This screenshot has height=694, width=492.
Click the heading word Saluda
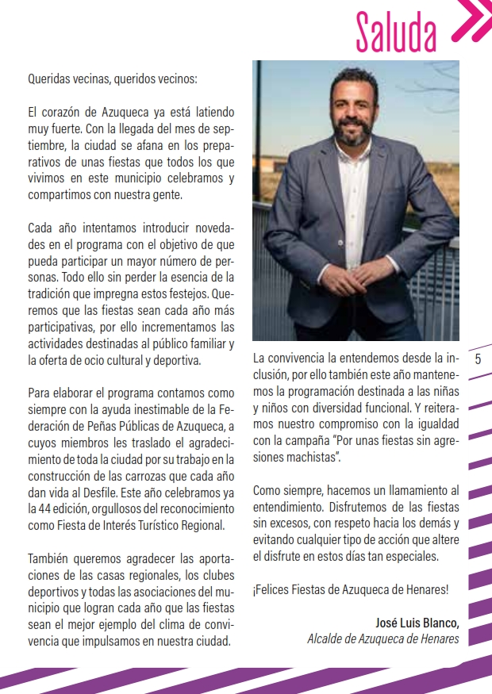(x=396, y=33)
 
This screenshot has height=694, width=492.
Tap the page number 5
(x=478, y=359)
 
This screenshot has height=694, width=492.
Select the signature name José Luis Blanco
(x=417, y=622)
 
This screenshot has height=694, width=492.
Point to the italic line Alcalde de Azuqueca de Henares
(x=382, y=638)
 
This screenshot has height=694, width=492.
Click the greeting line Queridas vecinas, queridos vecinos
(x=112, y=79)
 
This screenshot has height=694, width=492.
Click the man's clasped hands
(x=354, y=282)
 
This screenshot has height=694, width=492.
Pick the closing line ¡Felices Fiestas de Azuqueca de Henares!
(x=351, y=589)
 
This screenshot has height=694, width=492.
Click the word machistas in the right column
(x=312, y=458)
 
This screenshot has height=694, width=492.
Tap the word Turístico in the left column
(x=148, y=525)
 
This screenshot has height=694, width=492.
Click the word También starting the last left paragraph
(x=50, y=558)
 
